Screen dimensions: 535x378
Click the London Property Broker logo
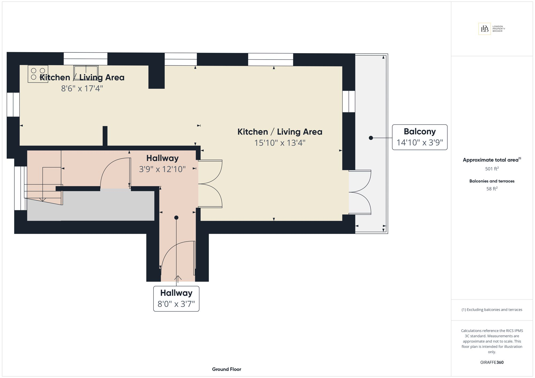pos(492,29)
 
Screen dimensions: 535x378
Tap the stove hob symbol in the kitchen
pos(38,74)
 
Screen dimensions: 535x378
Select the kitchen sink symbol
pos(86,72)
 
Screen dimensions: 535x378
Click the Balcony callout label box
pos(420,137)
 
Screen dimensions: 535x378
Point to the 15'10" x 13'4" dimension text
pos(280,143)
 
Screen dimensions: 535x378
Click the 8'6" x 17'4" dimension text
pos(82,88)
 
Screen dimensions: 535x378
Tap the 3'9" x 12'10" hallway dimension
pos(162,169)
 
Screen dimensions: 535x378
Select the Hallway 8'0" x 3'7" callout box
pos(176,299)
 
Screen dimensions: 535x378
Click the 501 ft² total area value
pos(492,169)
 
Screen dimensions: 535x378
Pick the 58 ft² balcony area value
pos(492,189)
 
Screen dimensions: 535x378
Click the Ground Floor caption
pos(227,369)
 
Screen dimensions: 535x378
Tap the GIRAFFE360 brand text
pos(492,362)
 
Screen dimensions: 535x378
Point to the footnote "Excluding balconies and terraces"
pos(492,310)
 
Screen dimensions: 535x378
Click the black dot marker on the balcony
pos(371,138)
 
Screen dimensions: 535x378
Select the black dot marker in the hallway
pos(176,218)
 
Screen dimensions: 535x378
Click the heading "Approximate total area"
pos(491,160)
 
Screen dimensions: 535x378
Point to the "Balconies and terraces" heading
pos(492,181)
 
